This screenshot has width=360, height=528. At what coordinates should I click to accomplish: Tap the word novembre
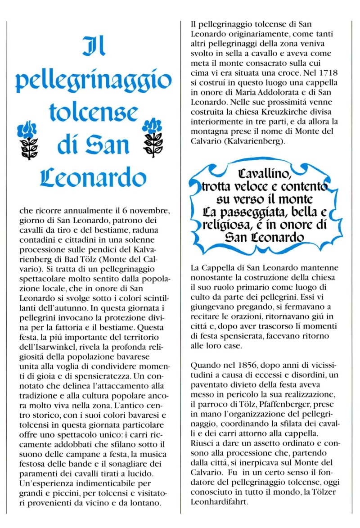150,210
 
